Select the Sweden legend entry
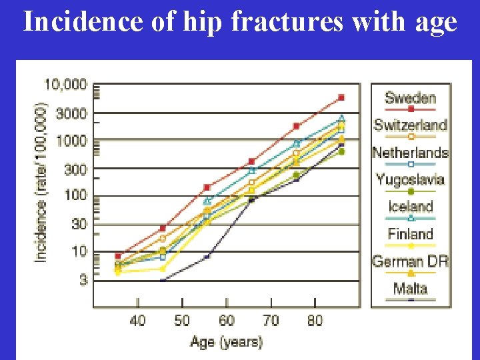click(410, 98)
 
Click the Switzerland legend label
click(410, 125)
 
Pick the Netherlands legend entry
click(410, 153)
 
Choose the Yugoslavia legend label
click(410, 179)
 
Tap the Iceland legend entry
click(410, 207)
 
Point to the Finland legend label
click(410, 234)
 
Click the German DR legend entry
click(410, 261)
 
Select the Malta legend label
click(410, 289)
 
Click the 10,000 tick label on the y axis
click(65, 85)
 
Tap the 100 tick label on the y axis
click(75, 196)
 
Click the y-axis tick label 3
click(83, 281)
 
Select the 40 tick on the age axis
click(137, 321)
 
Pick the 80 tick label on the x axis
click(315, 321)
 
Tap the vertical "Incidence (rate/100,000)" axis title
click(41, 181)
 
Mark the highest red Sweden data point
click(341, 97)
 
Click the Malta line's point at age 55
click(207, 256)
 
